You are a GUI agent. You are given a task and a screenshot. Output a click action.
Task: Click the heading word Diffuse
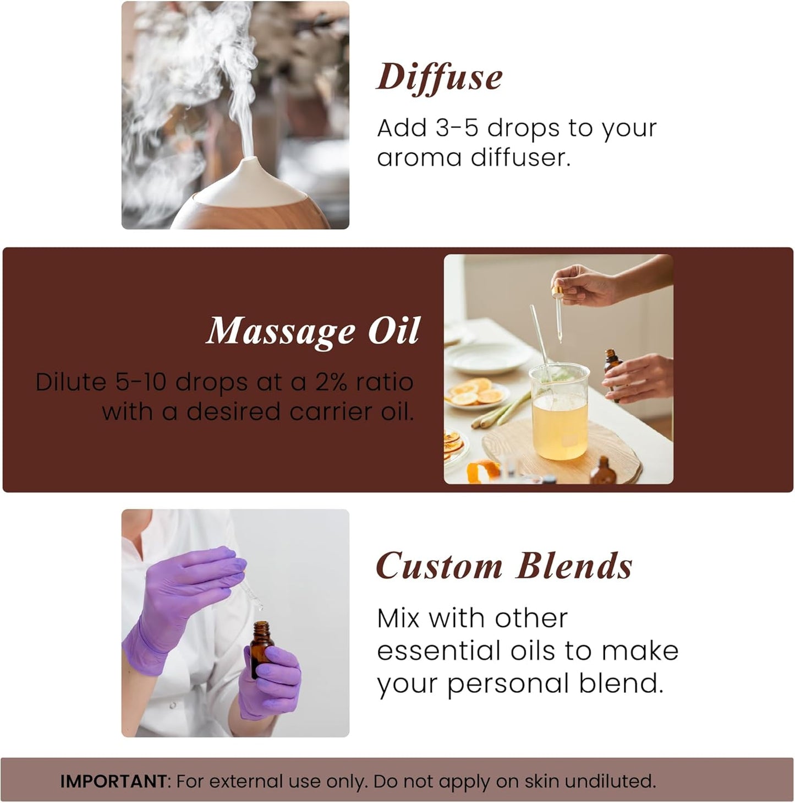pyautogui.click(x=439, y=78)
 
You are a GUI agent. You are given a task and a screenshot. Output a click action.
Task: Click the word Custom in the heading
pyautogui.click(x=439, y=566)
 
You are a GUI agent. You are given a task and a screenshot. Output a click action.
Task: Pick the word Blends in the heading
pyautogui.click(x=574, y=566)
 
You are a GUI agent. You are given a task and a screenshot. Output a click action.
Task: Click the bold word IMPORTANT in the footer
pyautogui.click(x=113, y=781)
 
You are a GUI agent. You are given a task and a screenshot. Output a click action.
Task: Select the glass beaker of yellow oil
pyautogui.click(x=558, y=413)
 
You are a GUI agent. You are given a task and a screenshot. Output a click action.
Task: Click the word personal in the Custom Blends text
pyautogui.click(x=507, y=684)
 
